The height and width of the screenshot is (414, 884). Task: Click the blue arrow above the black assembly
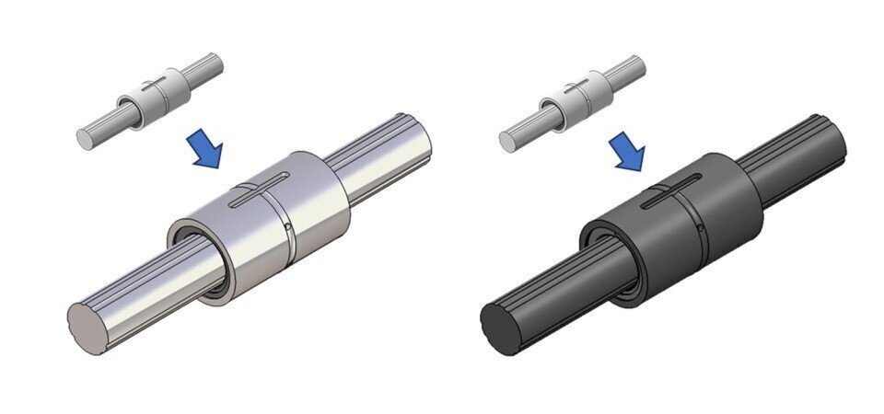pyautogui.click(x=630, y=153)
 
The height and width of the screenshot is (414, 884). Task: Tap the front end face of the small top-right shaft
pyautogui.click(x=507, y=139)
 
